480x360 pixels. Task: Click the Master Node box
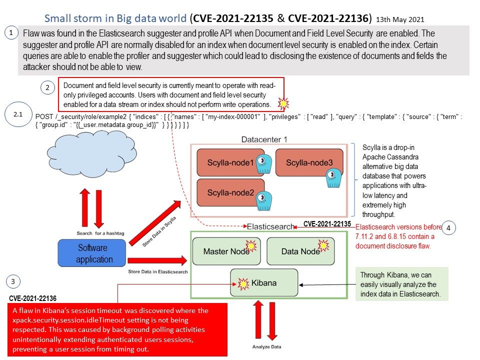click(224, 251)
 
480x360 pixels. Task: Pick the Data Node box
click(300, 251)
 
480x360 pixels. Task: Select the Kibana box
click(263, 282)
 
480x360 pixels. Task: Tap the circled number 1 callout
click(10, 33)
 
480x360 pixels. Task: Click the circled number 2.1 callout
click(18, 114)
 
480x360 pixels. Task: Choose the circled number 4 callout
click(448, 228)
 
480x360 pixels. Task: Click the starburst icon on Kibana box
click(243, 284)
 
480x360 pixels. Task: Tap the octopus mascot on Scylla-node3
click(330, 177)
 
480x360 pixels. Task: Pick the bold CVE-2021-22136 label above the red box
click(32, 298)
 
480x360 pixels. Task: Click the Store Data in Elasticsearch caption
click(158, 271)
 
